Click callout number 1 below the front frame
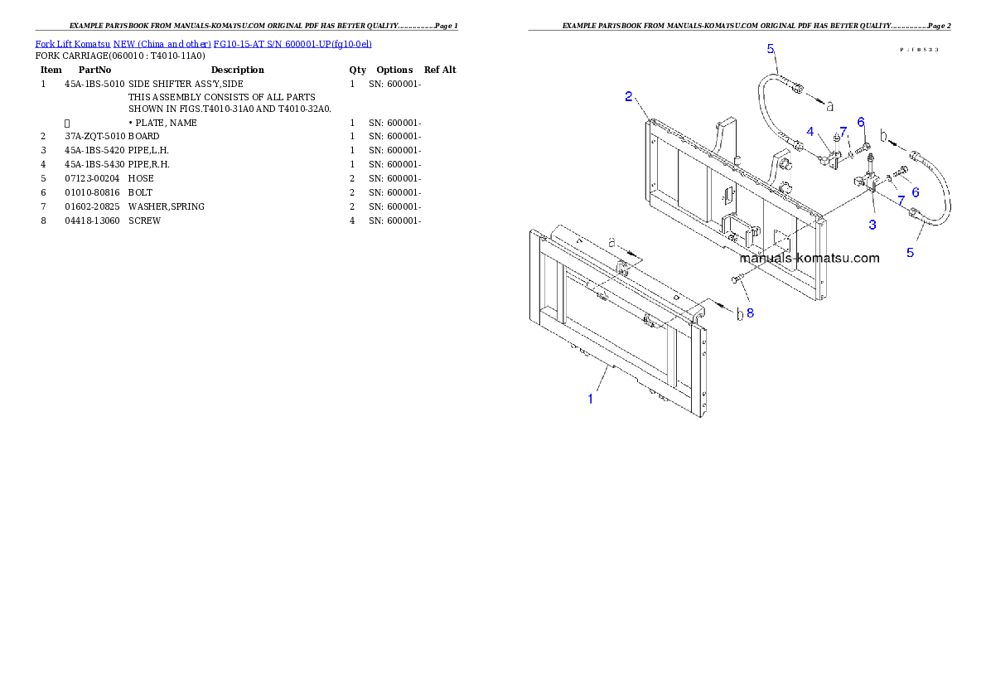coord(590,399)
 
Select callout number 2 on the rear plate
coord(629,96)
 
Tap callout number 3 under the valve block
coord(872,224)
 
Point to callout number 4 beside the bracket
coord(810,130)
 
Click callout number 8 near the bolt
coord(750,313)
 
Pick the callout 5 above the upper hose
coord(771,49)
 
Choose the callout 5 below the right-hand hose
coord(910,252)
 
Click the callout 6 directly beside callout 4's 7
coord(861,122)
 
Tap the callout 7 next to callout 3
coord(901,201)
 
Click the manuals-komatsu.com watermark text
coord(809,258)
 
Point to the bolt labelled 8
coord(734,281)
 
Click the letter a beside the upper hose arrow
coord(829,104)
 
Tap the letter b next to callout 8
coord(740,314)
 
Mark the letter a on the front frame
coord(611,242)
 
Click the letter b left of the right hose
coord(884,135)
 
